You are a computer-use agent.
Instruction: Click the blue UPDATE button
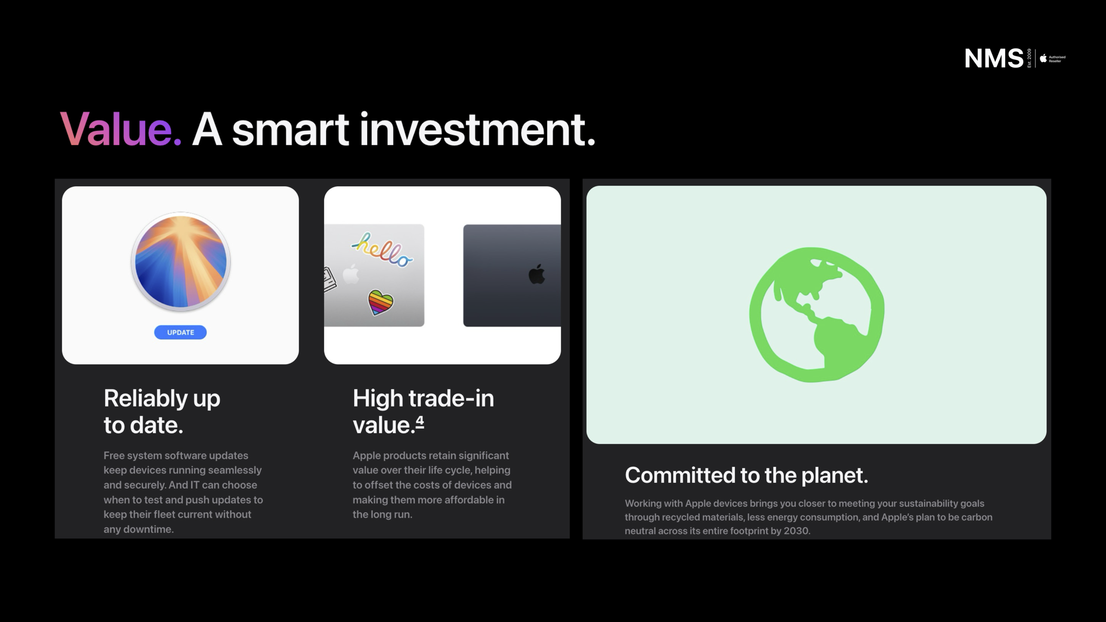tap(180, 332)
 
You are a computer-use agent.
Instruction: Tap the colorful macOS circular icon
tap(180, 262)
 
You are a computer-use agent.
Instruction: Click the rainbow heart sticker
tap(381, 302)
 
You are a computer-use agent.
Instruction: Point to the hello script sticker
tap(382, 250)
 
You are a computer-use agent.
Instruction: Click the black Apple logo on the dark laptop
tap(537, 274)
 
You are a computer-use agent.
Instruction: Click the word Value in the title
tap(120, 129)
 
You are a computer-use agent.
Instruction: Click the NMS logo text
tap(994, 58)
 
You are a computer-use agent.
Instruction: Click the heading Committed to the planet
tap(746, 475)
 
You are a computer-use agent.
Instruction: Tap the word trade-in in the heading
tap(451, 398)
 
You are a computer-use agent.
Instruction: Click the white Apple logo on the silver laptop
tap(351, 274)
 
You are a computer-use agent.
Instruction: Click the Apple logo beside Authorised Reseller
tap(1043, 58)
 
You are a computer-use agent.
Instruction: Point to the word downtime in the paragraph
tap(149, 529)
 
